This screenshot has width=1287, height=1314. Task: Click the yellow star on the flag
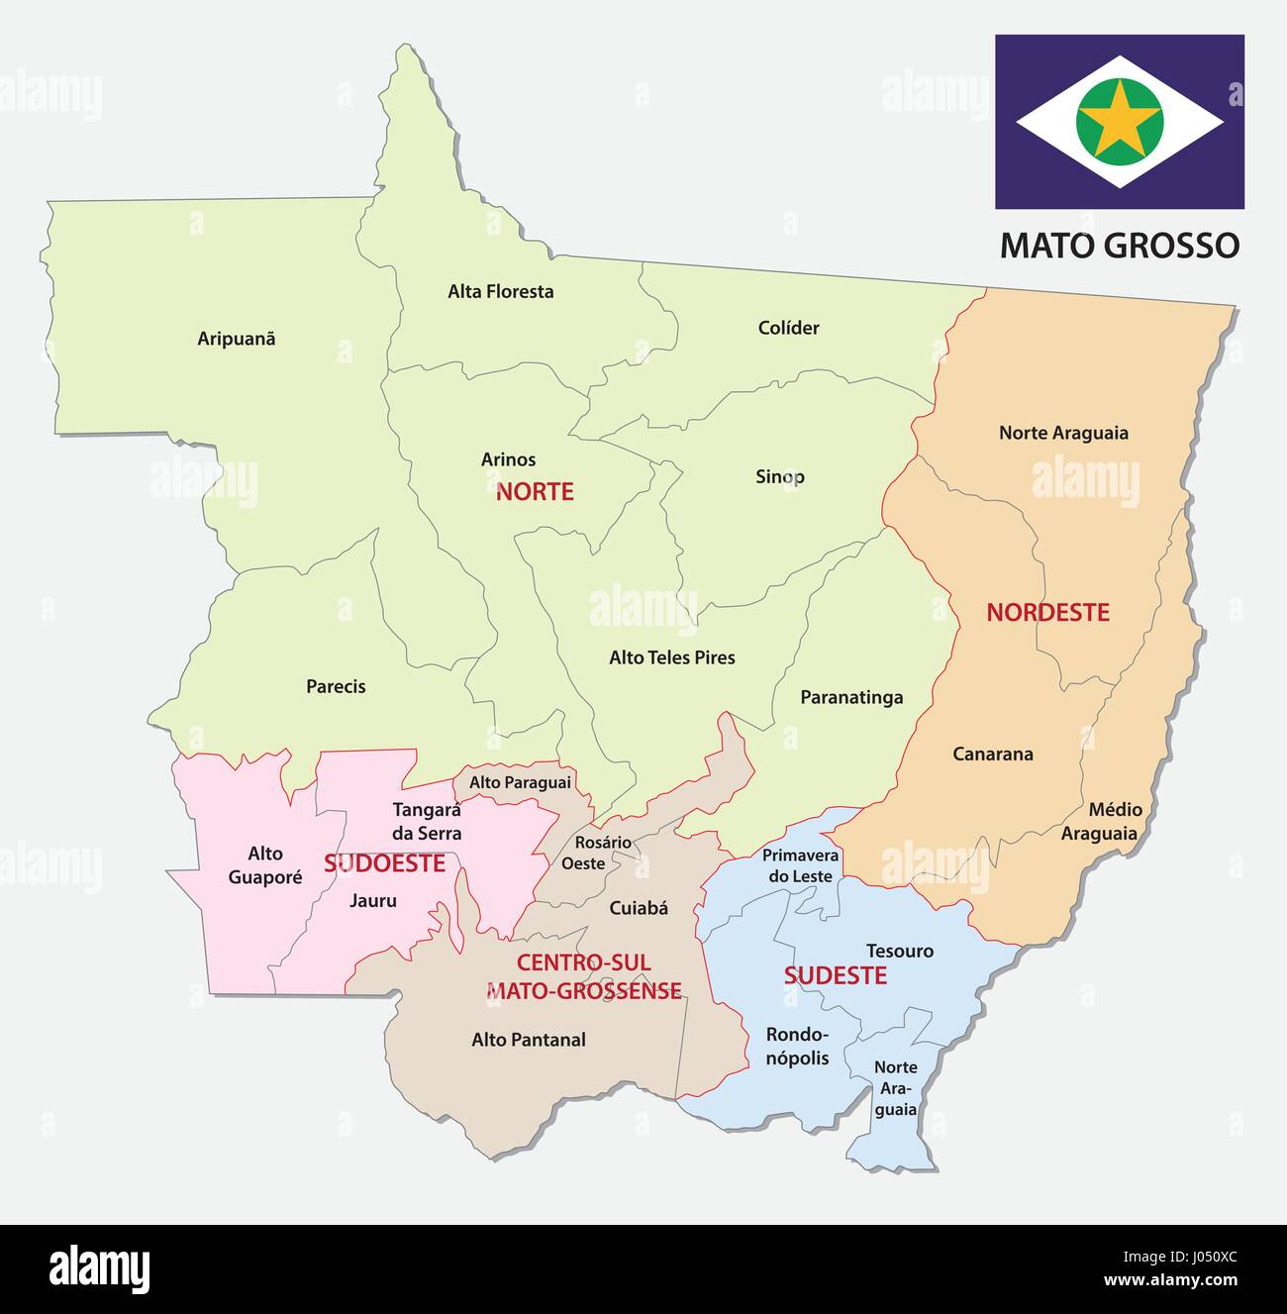click(x=1119, y=122)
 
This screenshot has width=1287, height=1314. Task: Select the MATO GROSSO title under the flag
click(x=1119, y=245)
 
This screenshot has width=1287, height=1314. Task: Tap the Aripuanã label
click(x=237, y=339)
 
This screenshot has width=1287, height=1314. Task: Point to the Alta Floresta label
click(x=500, y=291)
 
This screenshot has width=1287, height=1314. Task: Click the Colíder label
click(x=788, y=328)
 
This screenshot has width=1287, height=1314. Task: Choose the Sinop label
click(x=780, y=476)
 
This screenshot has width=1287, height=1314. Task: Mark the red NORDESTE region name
click(x=1047, y=612)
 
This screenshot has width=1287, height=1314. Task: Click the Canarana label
click(x=993, y=754)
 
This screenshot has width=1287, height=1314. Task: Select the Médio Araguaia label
click(x=1100, y=822)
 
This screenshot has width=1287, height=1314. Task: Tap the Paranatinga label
click(x=851, y=697)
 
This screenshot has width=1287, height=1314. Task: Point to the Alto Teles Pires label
click(x=672, y=657)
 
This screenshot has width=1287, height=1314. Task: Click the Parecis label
click(x=336, y=686)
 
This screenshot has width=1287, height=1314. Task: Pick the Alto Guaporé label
click(x=264, y=865)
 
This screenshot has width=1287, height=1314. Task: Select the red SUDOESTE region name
click(x=384, y=863)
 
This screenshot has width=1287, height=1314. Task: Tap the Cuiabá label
click(x=639, y=907)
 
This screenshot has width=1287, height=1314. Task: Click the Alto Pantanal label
click(x=529, y=1040)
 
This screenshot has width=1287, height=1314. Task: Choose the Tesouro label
click(x=900, y=951)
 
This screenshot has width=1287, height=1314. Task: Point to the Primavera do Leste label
click(x=800, y=865)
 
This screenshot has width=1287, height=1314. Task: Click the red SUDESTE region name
click(x=835, y=975)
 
